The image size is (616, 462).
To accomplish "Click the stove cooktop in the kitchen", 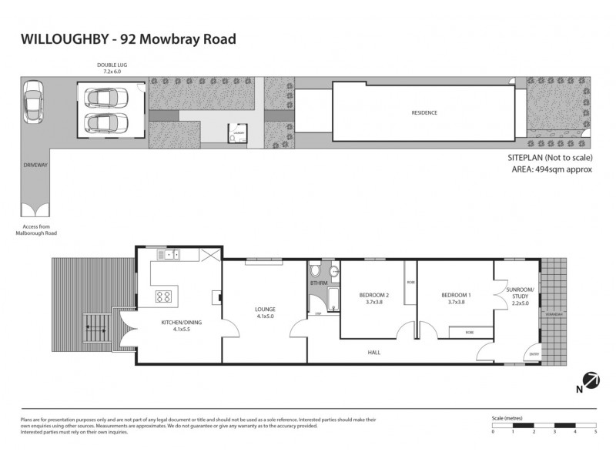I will click(164, 296).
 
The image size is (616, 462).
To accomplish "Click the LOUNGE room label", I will click(265, 310).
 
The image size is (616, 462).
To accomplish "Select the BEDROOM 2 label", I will click(374, 296).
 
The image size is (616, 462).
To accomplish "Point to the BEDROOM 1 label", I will click(456, 296).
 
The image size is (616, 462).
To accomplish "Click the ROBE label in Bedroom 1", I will click(469, 332).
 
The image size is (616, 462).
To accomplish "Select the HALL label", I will click(375, 352).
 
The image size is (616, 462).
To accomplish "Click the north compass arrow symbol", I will click(591, 380).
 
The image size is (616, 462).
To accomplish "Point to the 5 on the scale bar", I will click(596, 432).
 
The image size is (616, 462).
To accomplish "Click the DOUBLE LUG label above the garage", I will click(109, 67).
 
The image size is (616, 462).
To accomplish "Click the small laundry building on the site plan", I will click(236, 133).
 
